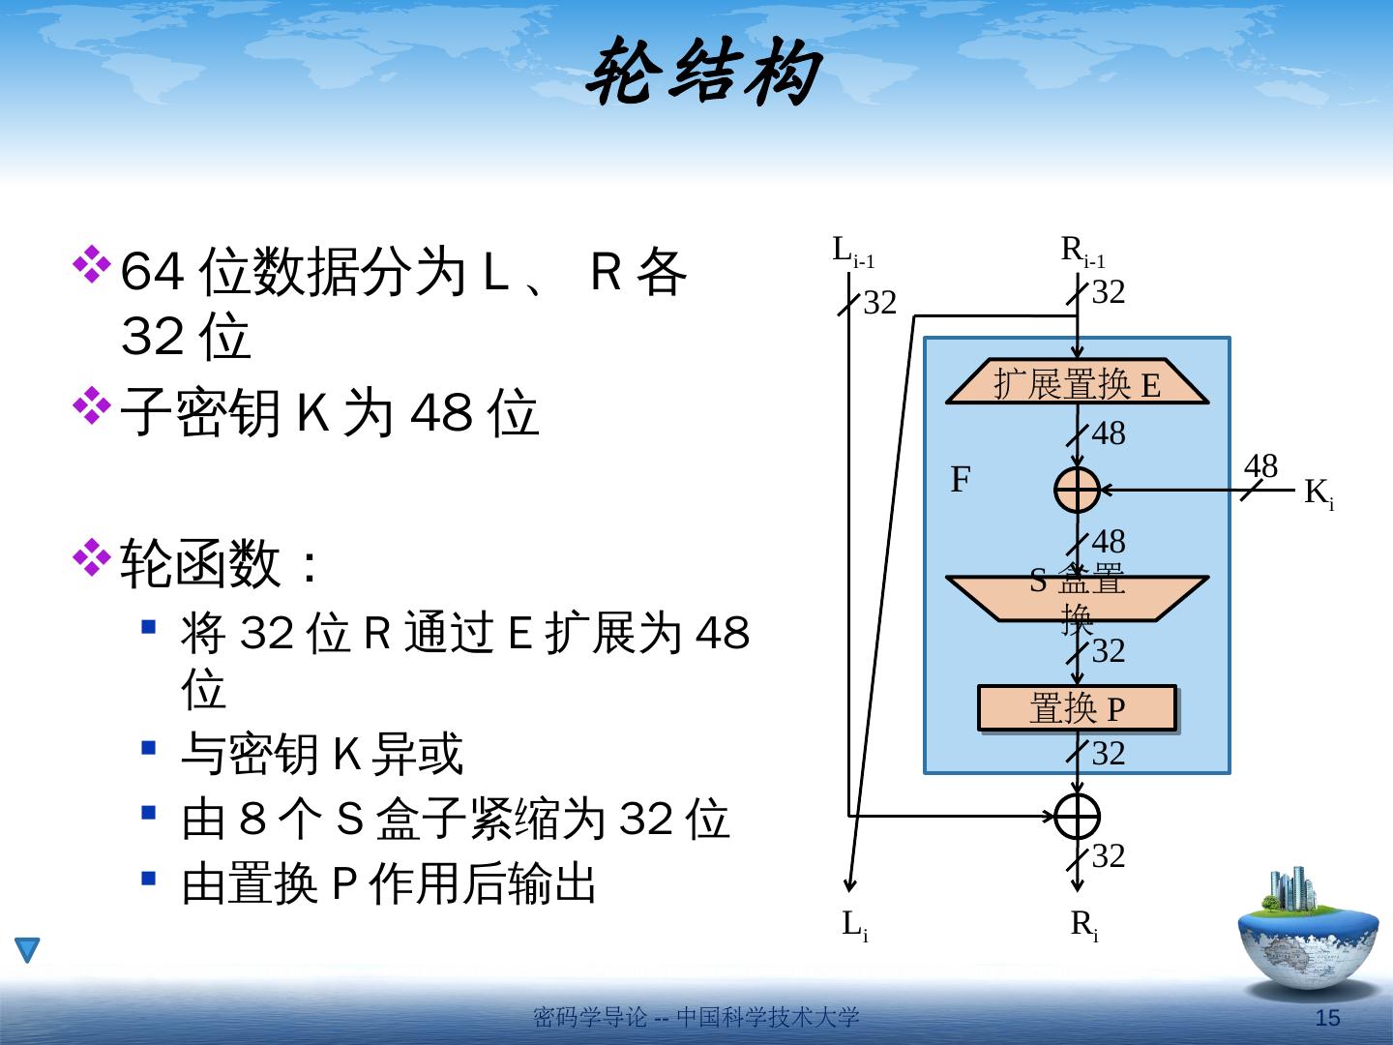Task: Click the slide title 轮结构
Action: pos(703,74)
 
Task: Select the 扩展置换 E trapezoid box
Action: pos(1077,383)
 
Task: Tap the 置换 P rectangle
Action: pos(1077,708)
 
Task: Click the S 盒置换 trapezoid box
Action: pos(1077,597)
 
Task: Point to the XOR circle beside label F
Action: pos(1077,490)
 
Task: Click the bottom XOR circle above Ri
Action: pos(1077,816)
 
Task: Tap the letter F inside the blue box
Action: pos(960,480)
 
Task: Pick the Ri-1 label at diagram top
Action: pos(1082,252)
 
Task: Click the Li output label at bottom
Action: pos(854,925)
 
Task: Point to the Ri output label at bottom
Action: pos(1083,925)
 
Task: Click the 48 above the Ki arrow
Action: pos(1260,466)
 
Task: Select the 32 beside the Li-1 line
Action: pos(879,304)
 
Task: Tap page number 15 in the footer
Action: pos(1328,1018)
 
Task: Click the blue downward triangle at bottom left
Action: pos(27,949)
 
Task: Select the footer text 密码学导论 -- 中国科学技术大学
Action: pos(696,1018)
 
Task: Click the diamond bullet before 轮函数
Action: pos(92,557)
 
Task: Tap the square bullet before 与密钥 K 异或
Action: pos(148,748)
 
